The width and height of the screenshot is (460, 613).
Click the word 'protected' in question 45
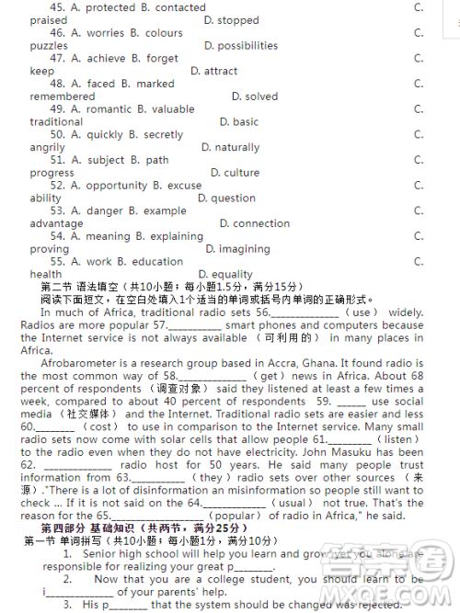pos(109,7)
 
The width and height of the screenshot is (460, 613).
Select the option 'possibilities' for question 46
pos(241,46)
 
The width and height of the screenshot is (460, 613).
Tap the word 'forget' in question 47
pos(162,59)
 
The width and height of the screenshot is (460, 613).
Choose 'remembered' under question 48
pos(63,96)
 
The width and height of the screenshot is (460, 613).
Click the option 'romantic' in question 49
pos(110,109)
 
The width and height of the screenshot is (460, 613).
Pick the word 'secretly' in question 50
pos(165,134)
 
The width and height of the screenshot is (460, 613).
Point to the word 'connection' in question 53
pos(261,223)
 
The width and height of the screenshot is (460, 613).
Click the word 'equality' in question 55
pos(232,275)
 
